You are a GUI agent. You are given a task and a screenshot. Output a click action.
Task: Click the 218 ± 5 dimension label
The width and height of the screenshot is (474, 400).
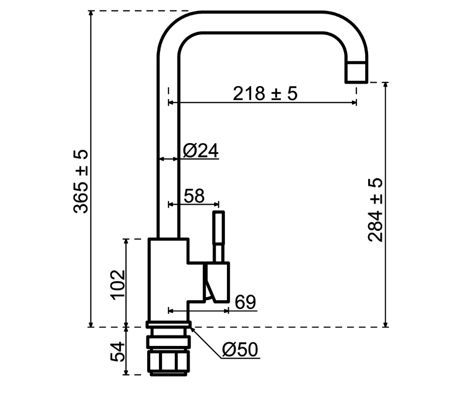coord(265,93)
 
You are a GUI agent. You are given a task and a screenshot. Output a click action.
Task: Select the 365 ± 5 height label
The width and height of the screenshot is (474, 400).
coord(81,181)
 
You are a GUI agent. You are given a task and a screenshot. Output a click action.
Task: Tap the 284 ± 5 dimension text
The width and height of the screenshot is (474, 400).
coord(375,210)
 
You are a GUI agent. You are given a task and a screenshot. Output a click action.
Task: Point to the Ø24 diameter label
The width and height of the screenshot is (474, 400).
coord(201,150)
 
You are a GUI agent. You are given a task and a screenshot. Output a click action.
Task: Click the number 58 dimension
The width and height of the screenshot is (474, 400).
coord(194,196)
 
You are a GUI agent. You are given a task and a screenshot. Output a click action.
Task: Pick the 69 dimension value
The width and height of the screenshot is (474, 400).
coord(245,302)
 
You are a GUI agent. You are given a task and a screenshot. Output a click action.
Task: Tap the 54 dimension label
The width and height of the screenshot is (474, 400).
coord(118,352)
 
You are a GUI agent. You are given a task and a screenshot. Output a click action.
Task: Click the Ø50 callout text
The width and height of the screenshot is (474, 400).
coord(240,349)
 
